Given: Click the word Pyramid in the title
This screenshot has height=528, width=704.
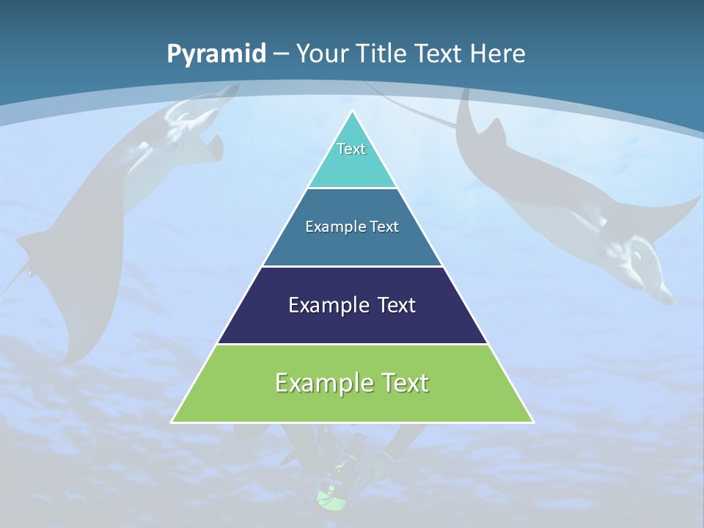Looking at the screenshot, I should click(x=216, y=54).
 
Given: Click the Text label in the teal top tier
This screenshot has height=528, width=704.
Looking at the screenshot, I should click(x=351, y=149).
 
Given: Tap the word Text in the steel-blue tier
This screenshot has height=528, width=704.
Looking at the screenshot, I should click(x=385, y=227).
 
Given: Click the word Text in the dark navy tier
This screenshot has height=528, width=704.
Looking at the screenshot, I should click(x=397, y=305).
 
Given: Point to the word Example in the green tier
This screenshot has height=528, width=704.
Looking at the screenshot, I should click(x=323, y=383).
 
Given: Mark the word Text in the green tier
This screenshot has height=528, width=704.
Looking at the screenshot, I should click(x=404, y=383).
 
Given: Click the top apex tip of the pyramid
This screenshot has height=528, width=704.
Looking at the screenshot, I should click(x=352, y=111).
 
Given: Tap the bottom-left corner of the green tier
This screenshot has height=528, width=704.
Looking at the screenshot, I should click(x=172, y=422).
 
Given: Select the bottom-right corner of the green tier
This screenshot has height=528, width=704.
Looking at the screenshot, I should click(x=532, y=422).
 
